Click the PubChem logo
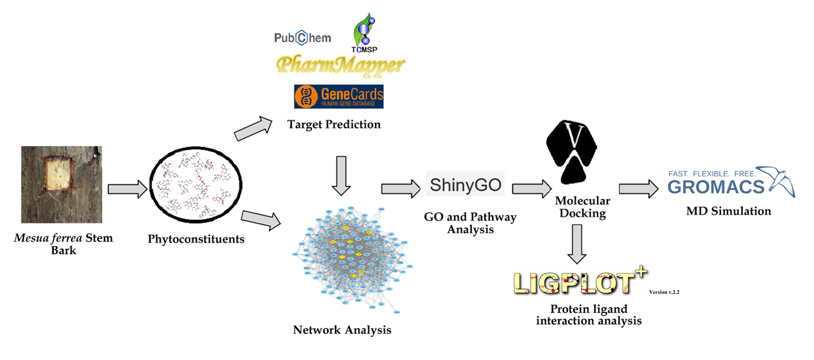pos(302,38)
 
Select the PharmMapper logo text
pos(340,65)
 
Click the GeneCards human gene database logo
pos(339,96)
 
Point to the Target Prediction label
pos(334,124)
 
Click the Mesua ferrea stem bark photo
pos(62,185)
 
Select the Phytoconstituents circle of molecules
pos(196,185)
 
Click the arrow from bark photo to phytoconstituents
pos(126,189)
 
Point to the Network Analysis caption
pos(342,330)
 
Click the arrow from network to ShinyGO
pos(400,189)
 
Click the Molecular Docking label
pos(582,207)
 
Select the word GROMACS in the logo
pos(717,187)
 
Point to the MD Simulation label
pos(728,211)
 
